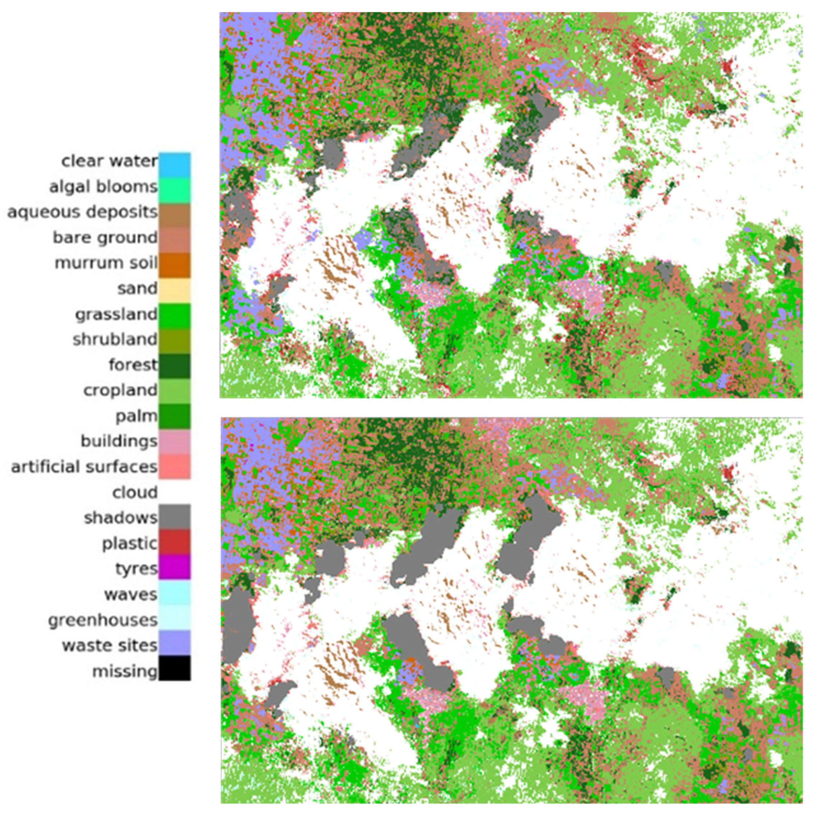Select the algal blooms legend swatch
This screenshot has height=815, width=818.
[174, 190]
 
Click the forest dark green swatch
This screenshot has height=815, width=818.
[174, 366]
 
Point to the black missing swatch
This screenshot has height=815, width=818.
[174, 668]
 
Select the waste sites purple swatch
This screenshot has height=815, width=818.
[174, 643]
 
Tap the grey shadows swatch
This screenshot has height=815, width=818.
[174, 516]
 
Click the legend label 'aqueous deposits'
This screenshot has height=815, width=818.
[83, 212]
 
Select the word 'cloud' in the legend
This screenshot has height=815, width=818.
[135, 492]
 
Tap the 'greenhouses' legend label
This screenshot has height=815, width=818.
[103, 620]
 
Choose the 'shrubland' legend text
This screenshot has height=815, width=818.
[115, 339]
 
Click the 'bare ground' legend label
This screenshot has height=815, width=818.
[105, 237]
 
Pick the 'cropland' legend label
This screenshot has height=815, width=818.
[120, 390]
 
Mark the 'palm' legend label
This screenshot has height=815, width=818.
[136, 416]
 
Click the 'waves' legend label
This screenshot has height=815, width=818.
[131, 594]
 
